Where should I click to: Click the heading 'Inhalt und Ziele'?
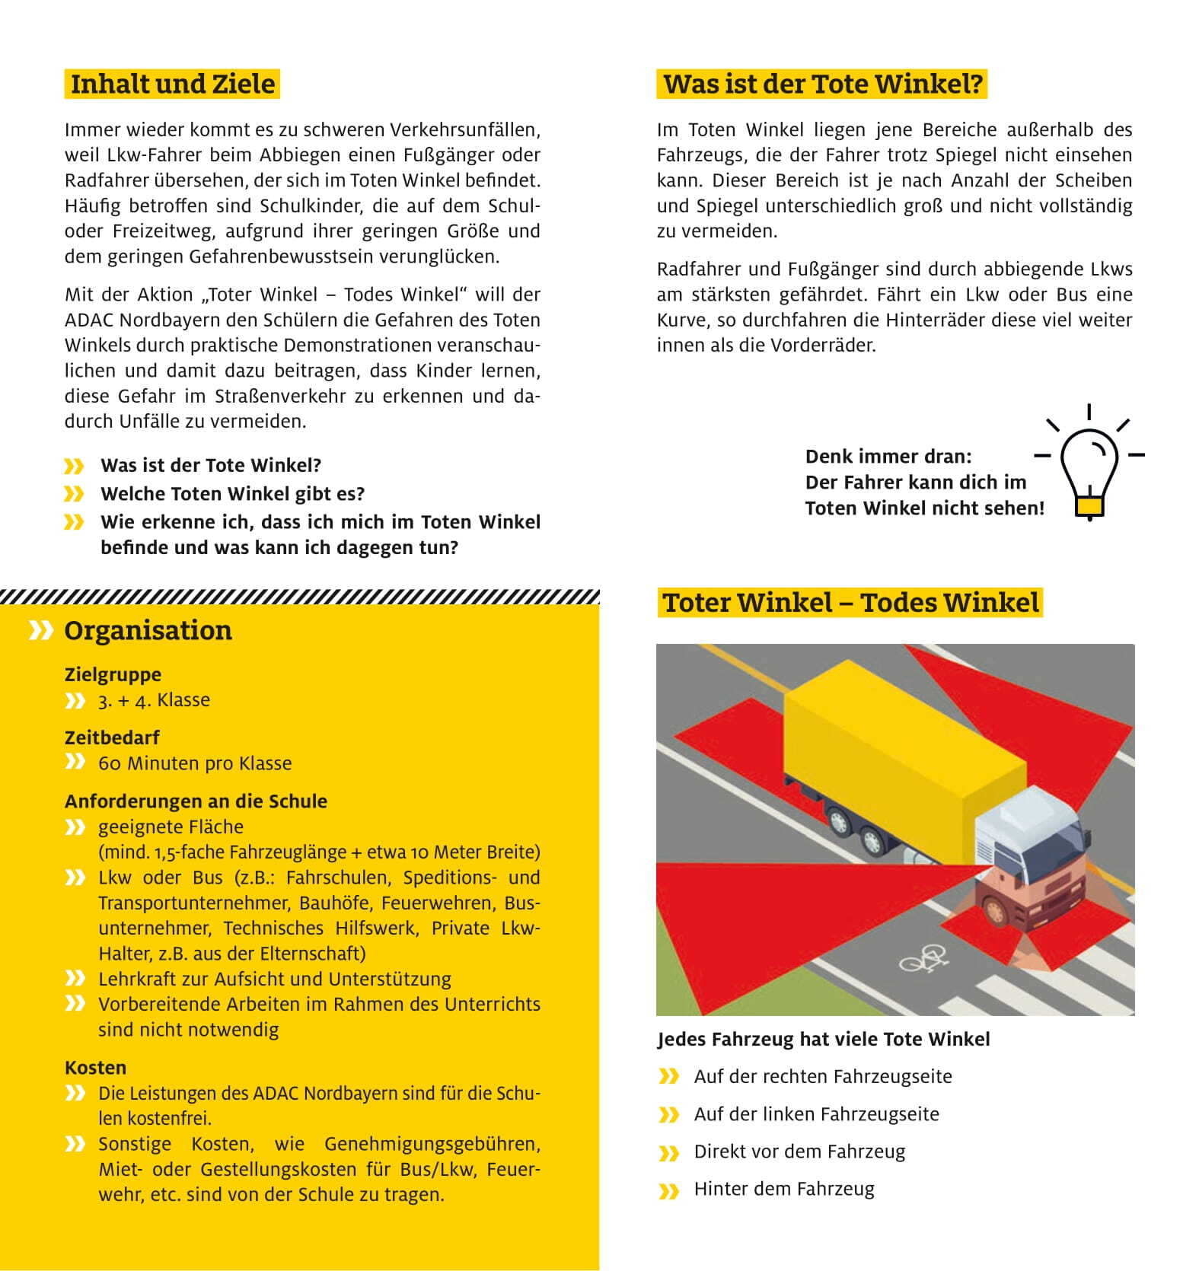click(172, 84)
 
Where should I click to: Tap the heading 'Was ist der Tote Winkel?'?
click(822, 84)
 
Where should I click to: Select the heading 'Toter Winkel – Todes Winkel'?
click(850, 603)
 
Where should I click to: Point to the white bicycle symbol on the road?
click(923, 959)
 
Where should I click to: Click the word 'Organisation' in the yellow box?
click(148, 630)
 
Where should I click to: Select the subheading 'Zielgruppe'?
click(113, 674)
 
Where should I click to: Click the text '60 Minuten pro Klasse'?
click(195, 763)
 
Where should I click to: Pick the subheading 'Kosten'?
click(95, 1067)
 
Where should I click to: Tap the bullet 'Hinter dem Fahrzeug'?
click(784, 1189)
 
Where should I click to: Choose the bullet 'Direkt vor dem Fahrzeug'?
click(799, 1152)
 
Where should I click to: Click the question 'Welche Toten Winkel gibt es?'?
click(232, 494)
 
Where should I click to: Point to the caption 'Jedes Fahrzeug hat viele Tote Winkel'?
click(824, 1040)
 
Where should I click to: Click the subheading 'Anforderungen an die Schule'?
click(196, 801)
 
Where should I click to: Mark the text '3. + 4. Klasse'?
click(154, 700)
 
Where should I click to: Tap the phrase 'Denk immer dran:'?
click(888, 457)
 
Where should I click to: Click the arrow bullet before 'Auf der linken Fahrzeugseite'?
click(668, 1115)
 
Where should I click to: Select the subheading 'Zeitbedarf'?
click(112, 737)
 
